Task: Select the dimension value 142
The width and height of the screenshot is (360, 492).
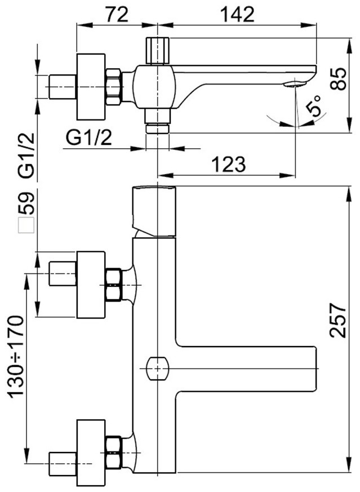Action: click(x=237, y=15)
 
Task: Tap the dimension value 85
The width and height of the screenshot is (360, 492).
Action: click(x=339, y=79)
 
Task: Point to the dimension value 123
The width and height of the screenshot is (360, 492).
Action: click(x=229, y=164)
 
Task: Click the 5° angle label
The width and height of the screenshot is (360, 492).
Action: click(x=314, y=106)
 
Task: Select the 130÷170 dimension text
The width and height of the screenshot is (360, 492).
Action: click(x=16, y=357)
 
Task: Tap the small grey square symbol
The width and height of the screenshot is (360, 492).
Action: click(x=26, y=225)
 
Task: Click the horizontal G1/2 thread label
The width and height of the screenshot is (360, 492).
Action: click(x=89, y=138)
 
